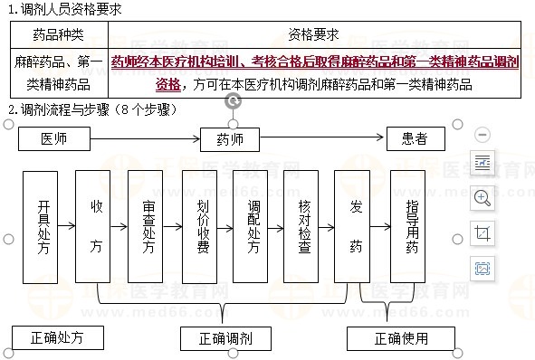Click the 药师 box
tap(229, 139)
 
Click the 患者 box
tap(416, 139)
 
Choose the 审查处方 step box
tap(149, 226)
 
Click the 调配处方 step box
tap(254, 226)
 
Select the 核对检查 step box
tap(304, 226)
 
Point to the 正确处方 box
tap(56, 338)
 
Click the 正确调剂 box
tap(225, 339)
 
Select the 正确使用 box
tap(400, 339)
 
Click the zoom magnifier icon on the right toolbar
tap(482, 197)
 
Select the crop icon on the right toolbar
tap(482, 232)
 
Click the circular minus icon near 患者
tap(482, 134)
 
